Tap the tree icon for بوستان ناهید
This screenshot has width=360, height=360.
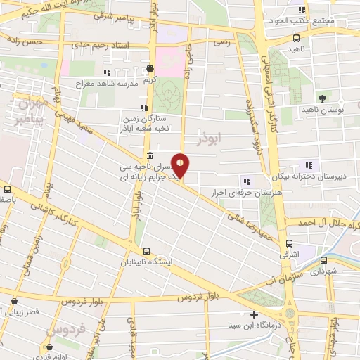pyautogui.click(x=322, y=98)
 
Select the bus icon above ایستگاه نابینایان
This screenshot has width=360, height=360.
pyautogui.click(x=146, y=251)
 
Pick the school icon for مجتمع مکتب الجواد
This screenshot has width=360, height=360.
pyautogui.click(x=302, y=10)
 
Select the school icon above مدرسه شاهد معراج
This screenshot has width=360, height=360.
pyautogui.click(x=106, y=72)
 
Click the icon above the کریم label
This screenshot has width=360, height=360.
pyautogui.click(x=150, y=69)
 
